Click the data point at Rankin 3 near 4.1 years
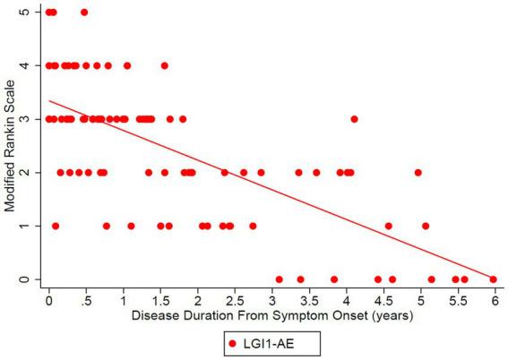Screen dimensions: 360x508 coord(354,119)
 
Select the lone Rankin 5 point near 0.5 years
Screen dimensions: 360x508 coord(84,13)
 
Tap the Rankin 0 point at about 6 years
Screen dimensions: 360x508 coord(493,279)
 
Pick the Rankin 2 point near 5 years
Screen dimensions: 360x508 coord(418,173)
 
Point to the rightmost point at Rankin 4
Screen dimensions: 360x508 coord(164,65)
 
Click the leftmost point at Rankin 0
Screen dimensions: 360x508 coord(280,279)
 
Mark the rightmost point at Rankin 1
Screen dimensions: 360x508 coord(426,226)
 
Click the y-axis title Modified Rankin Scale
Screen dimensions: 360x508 coord(12,146)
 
